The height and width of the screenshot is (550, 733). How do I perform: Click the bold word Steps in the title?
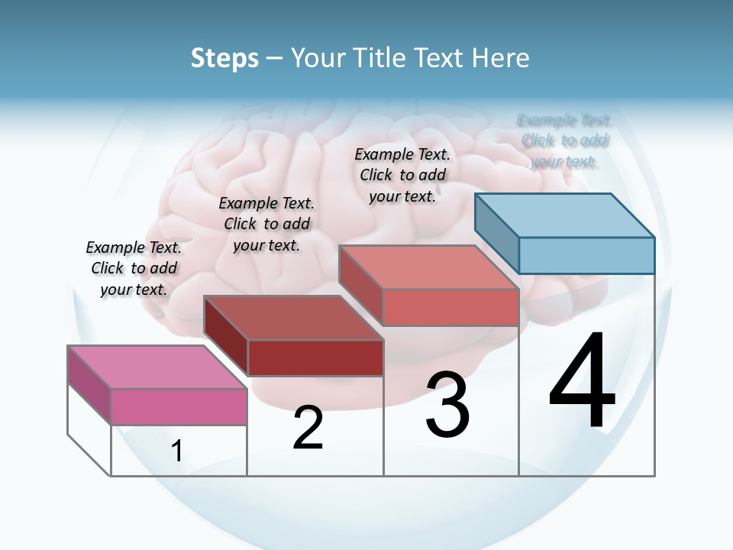224,58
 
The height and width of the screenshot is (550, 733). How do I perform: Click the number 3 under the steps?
447,405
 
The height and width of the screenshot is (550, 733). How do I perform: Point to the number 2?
308,428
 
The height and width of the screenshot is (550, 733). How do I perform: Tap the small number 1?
177,451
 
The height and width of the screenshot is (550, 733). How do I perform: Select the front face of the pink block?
179,406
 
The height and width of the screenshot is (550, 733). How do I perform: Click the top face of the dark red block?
293,317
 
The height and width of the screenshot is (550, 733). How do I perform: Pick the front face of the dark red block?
315,357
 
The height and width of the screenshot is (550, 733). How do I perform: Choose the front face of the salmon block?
450,307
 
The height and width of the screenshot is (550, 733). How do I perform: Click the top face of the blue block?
565,215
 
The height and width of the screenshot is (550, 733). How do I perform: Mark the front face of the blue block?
586,255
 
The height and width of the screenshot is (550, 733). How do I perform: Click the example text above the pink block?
134,268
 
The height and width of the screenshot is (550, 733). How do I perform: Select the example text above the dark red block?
266,224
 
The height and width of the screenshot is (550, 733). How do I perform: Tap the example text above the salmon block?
402,175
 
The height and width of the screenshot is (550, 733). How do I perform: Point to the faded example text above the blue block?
564,141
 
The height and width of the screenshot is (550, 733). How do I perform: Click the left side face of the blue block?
496,233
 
